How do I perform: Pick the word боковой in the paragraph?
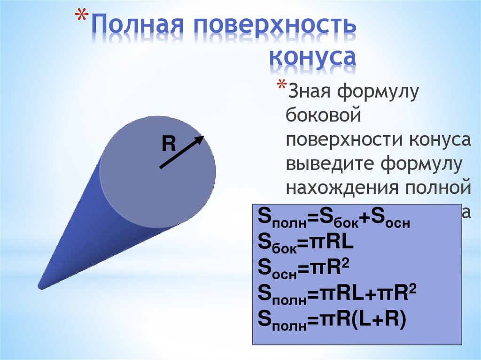coord(324,116)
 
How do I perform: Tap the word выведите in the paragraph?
coord(329,164)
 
